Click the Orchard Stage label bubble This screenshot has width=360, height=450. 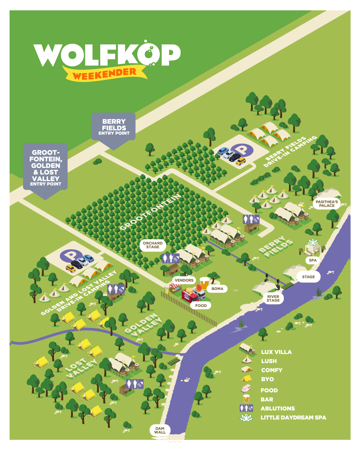[x=153, y=245]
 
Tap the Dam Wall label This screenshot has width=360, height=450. [x=160, y=430]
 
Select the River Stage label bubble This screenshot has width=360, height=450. [x=273, y=298]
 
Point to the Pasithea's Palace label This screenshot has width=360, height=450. [x=327, y=204]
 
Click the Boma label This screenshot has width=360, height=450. [x=217, y=289]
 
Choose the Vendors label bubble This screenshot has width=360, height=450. [x=184, y=280]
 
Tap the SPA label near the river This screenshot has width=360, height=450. [x=313, y=260]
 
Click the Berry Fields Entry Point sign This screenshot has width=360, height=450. [x=114, y=127]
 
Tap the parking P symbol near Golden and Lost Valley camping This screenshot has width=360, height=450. [x=70, y=255]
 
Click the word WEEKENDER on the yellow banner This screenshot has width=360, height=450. [x=104, y=74]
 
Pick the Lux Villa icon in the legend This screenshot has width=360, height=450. [x=247, y=349]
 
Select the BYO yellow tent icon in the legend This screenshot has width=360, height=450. [x=246, y=378]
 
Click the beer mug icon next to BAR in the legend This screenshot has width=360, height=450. [x=246, y=399]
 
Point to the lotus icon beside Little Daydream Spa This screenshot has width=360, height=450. [x=246, y=417]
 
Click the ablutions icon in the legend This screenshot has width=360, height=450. [x=246, y=408]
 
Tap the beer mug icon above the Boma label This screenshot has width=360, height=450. [x=204, y=282]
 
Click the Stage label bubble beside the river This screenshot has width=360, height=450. [x=308, y=277]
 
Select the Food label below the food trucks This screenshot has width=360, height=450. [x=201, y=305]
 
